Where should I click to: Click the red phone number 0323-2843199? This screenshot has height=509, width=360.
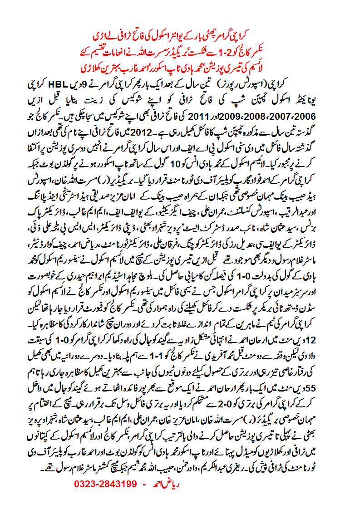(105, 484)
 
